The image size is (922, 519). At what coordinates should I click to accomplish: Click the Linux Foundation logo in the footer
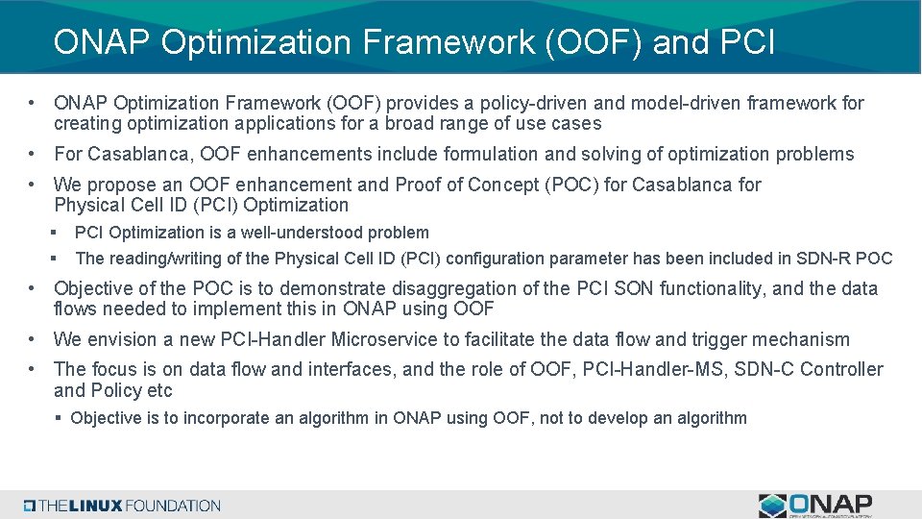pyautogui.click(x=122, y=506)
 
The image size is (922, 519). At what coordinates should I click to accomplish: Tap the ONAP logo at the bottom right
pyautogui.click(x=815, y=506)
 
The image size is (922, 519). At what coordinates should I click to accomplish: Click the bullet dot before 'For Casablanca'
pyautogui.click(x=33, y=154)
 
